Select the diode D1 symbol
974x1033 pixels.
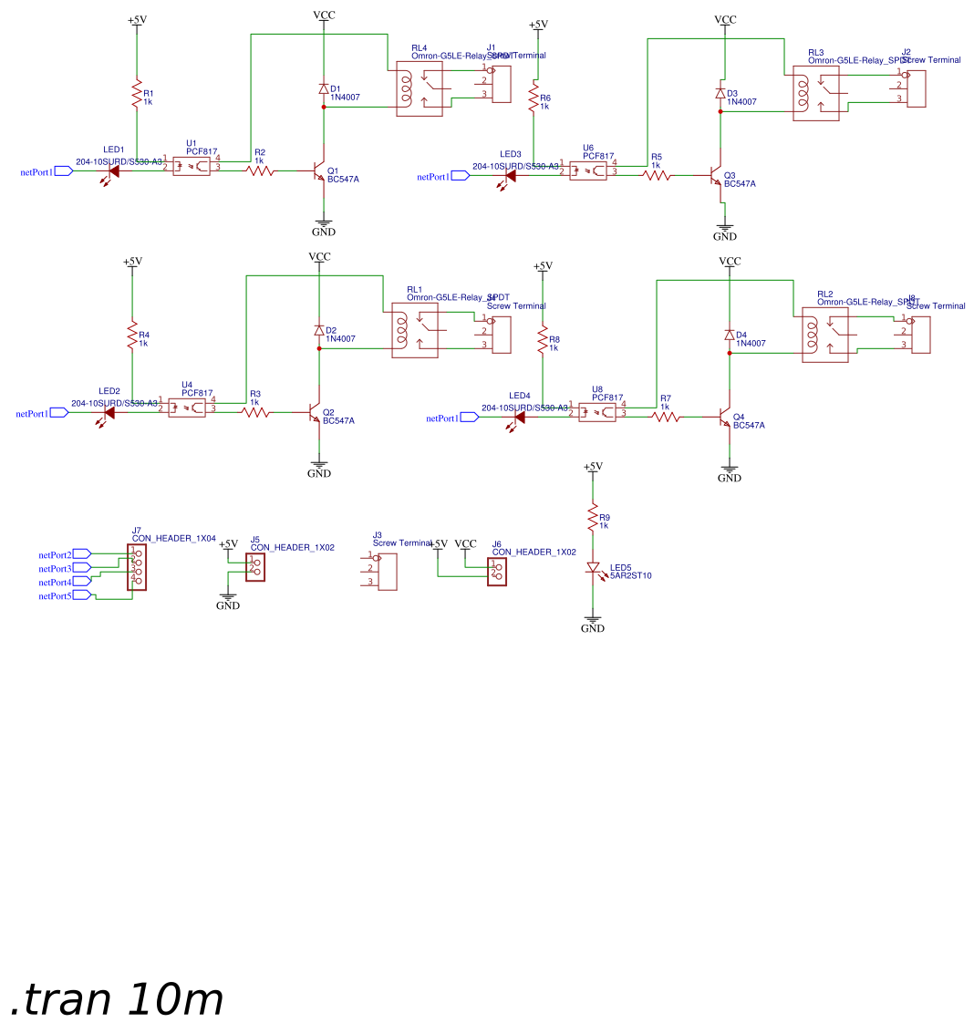[x=323, y=88]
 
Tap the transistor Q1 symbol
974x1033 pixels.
[x=320, y=170]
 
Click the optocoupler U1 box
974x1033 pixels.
[x=191, y=166]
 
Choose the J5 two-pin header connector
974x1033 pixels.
[x=255, y=567]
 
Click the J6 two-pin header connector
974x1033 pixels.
[x=497, y=571]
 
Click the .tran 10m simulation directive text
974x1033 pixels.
[x=117, y=1000]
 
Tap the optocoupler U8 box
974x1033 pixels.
[x=597, y=412]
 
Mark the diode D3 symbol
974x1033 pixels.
[x=720, y=94]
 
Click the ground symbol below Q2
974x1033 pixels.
[x=319, y=466]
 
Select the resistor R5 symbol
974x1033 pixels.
[x=657, y=175]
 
